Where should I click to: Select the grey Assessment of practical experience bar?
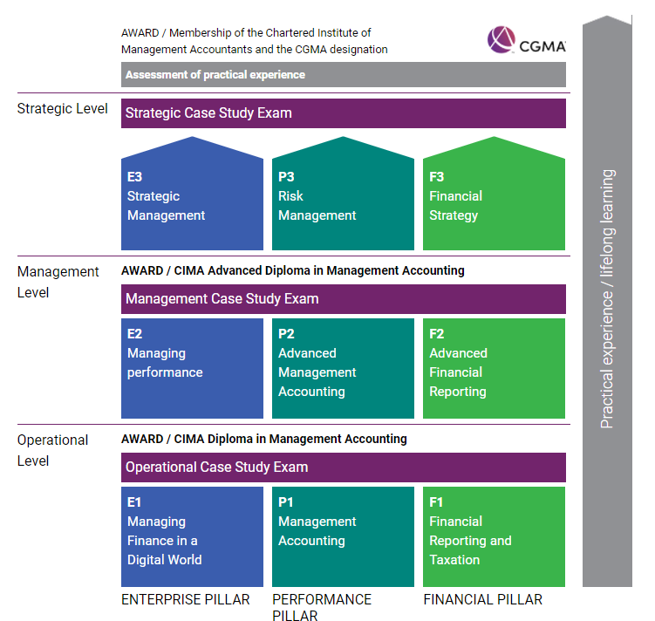(x=343, y=75)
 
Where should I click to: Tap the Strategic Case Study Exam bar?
(x=343, y=113)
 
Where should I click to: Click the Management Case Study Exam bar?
(x=343, y=299)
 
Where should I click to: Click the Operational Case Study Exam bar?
(x=343, y=467)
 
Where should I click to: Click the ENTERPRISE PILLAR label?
(x=185, y=600)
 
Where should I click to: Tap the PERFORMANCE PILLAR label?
(x=322, y=607)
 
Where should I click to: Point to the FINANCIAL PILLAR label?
(x=482, y=600)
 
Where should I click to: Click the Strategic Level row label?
(x=63, y=109)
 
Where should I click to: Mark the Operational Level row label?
(x=53, y=450)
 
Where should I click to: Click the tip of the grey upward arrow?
(x=607, y=16)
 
